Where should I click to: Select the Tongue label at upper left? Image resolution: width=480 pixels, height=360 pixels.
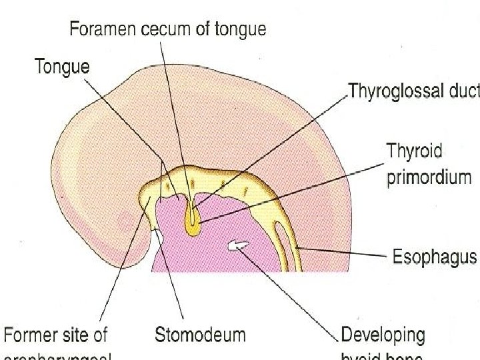[62, 67]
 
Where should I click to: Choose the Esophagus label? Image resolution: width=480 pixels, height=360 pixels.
[433, 256]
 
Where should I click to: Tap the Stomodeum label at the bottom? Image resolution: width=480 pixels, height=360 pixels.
[200, 335]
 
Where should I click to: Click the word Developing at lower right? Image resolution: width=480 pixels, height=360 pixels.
[383, 335]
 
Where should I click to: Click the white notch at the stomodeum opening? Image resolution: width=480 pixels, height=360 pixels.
[158, 237]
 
